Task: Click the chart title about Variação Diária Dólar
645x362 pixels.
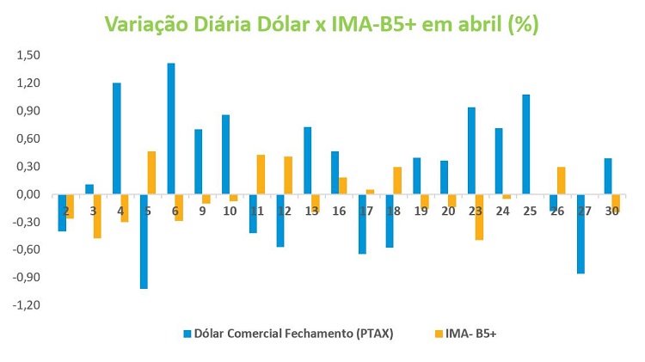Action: click(322, 24)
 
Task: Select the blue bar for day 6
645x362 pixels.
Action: click(171, 129)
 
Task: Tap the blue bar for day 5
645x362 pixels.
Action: click(144, 242)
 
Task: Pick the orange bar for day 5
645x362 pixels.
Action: click(152, 173)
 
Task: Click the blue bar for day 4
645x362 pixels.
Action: click(117, 138)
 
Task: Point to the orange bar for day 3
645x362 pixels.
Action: click(98, 216)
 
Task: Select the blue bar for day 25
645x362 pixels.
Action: click(525, 144)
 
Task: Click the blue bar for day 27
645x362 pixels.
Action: click(580, 234)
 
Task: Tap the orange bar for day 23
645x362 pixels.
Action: click(479, 217)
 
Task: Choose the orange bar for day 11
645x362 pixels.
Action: click(261, 175)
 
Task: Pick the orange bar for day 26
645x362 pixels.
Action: click(561, 181)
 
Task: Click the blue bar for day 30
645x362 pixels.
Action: click(607, 176)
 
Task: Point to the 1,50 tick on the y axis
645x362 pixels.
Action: click(28, 55)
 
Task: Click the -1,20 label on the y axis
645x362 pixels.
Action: click(27, 305)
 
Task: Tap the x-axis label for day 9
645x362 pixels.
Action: click(203, 210)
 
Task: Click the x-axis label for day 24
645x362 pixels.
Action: click(502, 210)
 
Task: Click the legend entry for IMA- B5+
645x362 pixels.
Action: click(468, 333)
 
